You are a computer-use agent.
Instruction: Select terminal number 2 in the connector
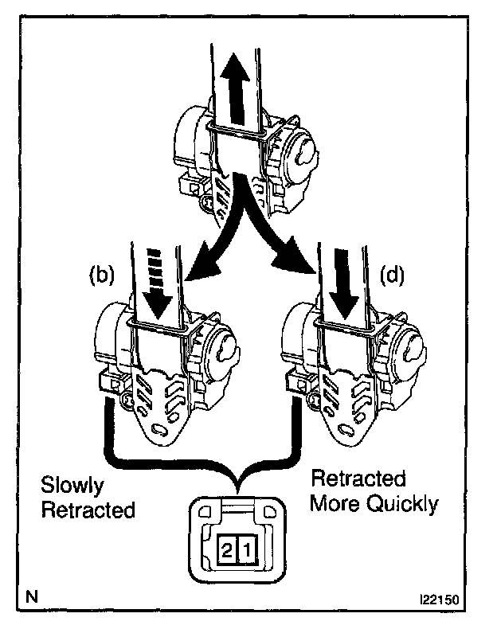(x=228, y=549)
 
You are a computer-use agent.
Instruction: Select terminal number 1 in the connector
(x=248, y=549)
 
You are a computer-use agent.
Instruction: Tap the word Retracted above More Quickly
(x=358, y=480)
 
